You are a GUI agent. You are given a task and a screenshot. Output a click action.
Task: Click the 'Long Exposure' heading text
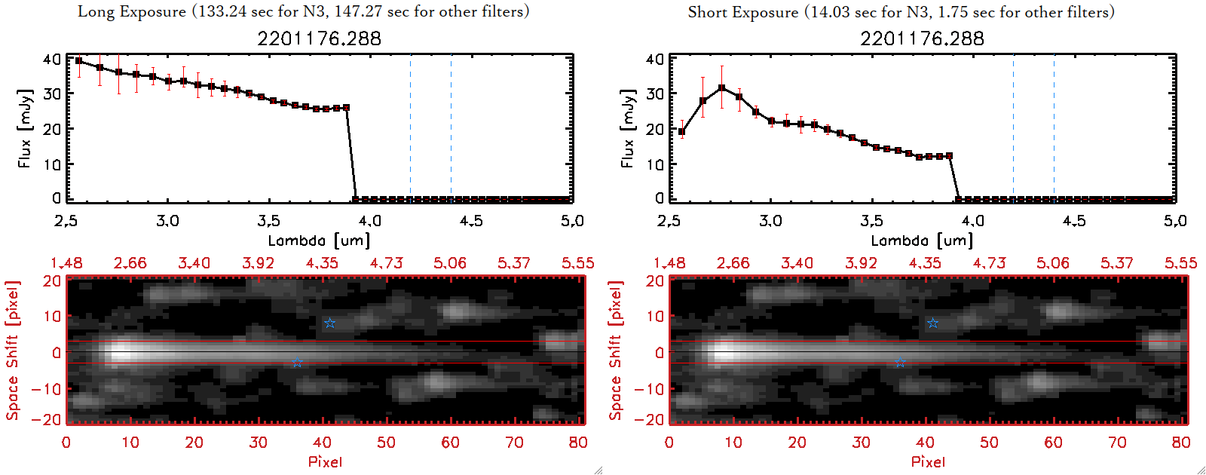[132, 11]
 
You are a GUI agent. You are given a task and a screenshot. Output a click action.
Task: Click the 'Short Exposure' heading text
[742, 12]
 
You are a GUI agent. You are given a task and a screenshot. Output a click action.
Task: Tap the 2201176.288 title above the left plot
[319, 38]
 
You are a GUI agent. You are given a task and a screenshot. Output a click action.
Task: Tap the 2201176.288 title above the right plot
[922, 38]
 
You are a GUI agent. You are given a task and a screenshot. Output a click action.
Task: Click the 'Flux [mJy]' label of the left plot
[25, 128]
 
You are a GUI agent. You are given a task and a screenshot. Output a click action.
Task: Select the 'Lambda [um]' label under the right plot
[922, 241]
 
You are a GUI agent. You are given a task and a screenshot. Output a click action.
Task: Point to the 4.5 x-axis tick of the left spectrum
[471, 221]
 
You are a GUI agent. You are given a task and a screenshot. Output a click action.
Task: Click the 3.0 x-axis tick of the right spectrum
[770, 221]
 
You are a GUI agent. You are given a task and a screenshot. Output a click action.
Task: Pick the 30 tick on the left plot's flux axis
[52, 93]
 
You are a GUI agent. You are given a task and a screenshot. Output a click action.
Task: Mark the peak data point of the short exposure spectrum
[722, 87]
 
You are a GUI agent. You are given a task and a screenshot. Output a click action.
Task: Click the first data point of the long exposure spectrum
[78, 61]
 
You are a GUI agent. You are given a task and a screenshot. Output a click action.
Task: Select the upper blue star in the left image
[329, 323]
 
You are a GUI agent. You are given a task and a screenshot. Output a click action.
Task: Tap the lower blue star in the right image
[899, 363]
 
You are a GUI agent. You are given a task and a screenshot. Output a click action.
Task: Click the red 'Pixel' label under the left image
[325, 461]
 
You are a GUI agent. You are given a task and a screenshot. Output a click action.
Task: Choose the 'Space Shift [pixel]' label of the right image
[616, 351]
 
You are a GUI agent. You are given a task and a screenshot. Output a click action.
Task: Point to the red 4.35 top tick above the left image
[322, 263]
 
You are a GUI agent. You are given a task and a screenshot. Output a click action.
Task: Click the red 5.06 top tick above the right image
[1053, 263]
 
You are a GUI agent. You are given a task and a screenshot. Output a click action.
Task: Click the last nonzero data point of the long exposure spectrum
[346, 108]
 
